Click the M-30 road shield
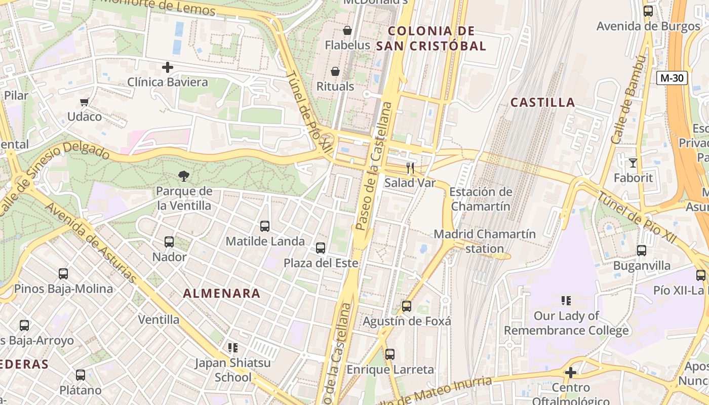[672, 78]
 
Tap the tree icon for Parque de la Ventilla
[184, 176]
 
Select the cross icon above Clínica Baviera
[168, 67]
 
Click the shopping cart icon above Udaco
[85, 102]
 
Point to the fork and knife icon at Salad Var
[410, 168]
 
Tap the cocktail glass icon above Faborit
[633, 163]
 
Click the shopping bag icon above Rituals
[335, 71]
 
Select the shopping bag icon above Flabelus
[347, 30]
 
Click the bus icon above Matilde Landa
[265, 226]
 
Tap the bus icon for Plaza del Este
[321, 248]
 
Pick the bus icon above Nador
[169, 242]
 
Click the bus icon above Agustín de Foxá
[406, 306]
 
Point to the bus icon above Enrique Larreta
[389, 354]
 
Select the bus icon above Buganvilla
[642, 251]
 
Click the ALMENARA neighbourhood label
[222, 293]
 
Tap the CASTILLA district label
[542, 103]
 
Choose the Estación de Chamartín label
[480, 199]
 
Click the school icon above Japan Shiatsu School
[233, 348]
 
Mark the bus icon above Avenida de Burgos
[648, 11]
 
